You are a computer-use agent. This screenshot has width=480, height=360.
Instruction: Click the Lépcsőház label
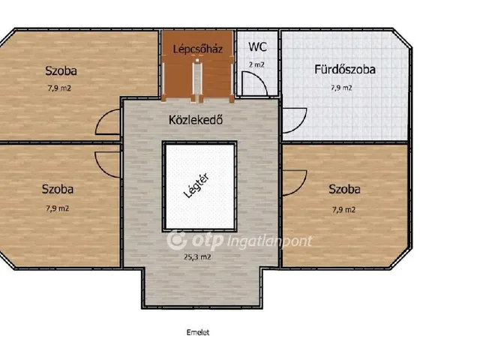(x=197, y=49)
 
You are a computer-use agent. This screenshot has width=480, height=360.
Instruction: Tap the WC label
(x=257, y=46)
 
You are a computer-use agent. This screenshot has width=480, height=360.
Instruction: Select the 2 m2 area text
(x=256, y=64)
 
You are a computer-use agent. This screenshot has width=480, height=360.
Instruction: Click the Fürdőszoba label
(x=345, y=70)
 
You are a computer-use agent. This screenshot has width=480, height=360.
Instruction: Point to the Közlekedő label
(x=196, y=120)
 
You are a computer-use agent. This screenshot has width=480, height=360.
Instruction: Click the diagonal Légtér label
(x=196, y=185)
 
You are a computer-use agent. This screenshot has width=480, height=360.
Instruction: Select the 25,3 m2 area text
(x=197, y=257)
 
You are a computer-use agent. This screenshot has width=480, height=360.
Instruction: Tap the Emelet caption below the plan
(x=198, y=332)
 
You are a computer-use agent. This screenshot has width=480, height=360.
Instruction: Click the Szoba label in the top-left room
(x=61, y=70)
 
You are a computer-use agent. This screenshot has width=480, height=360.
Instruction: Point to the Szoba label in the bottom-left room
(x=58, y=189)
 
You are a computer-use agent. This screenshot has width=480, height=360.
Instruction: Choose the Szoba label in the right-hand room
(x=344, y=189)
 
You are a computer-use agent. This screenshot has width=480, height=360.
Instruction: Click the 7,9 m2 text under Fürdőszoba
(x=341, y=88)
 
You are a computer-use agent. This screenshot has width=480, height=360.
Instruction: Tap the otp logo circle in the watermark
(x=177, y=239)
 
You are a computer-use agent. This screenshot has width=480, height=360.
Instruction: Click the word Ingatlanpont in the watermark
(x=270, y=241)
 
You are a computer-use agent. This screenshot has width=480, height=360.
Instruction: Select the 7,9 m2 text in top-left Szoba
(x=59, y=88)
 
